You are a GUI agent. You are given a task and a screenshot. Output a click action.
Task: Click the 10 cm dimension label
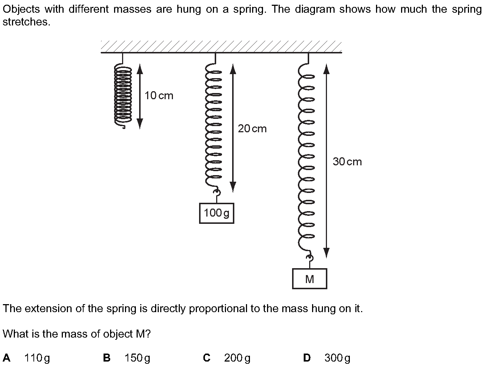(159, 96)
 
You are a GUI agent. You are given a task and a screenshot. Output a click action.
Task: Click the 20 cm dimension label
(252, 129)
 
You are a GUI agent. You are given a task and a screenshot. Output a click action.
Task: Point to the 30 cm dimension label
(347, 161)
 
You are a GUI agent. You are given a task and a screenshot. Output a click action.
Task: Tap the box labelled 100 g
(217, 213)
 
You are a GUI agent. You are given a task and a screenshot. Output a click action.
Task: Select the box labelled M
(310, 279)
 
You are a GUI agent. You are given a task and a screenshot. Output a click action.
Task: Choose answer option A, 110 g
(27, 358)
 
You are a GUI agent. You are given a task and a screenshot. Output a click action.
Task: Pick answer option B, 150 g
(126, 358)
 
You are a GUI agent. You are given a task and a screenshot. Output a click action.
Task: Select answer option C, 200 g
(227, 358)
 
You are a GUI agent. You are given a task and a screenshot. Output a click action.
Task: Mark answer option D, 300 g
(327, 358)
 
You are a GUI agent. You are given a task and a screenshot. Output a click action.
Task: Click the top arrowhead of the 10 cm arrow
(140, 69)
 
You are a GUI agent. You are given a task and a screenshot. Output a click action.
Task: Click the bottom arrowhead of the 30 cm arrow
(326, 253)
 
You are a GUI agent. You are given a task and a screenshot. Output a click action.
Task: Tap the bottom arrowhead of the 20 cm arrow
(233, 187)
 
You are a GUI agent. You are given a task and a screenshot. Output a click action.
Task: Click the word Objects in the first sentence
(21, 9)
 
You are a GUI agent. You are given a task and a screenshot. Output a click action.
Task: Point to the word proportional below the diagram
(218, 308)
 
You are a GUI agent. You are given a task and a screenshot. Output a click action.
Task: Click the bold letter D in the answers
(307, 358)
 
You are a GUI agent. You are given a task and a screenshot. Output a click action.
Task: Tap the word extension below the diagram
(48, 308)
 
